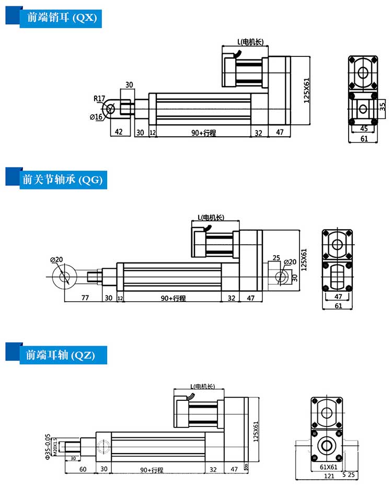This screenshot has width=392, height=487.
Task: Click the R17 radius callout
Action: [99, 98]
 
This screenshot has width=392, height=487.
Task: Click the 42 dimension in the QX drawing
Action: [119, 133]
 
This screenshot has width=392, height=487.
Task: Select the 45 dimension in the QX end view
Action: [363, 128]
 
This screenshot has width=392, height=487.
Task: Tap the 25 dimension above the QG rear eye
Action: [276, 258]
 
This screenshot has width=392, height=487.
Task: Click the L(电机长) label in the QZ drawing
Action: [203, 387]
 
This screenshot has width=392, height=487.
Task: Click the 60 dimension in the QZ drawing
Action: [83, 469]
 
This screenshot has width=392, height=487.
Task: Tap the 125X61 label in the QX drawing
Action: [307, 90]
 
